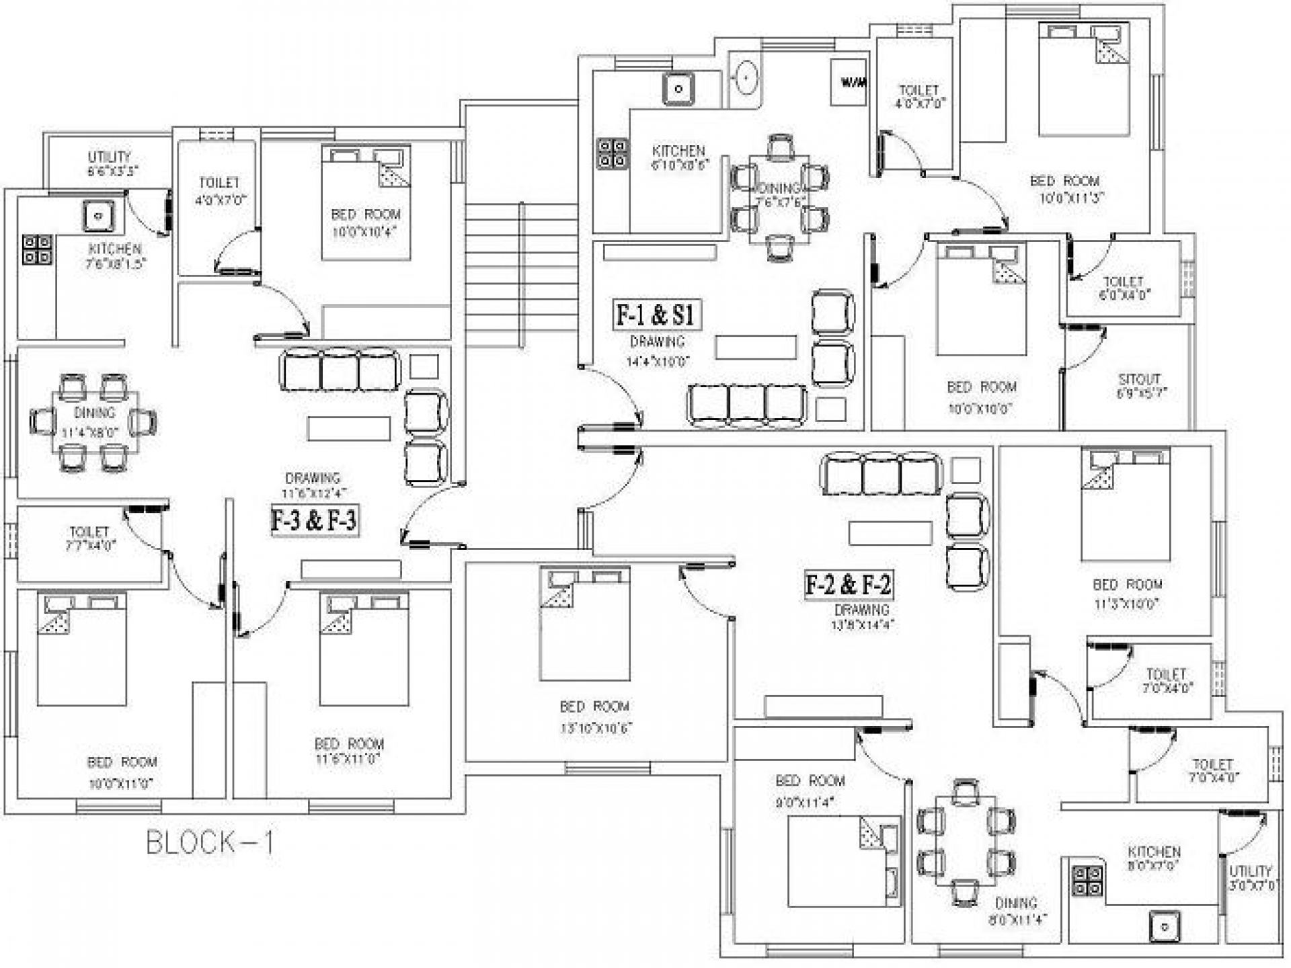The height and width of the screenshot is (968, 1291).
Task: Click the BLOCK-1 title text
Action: pyautogui.click(x=210, y=842)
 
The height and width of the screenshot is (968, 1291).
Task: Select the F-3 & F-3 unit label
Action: pyautogui.click(x=313, y=520)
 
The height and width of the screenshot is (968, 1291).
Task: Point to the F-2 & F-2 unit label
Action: pyautogui.click(x=849, y=584)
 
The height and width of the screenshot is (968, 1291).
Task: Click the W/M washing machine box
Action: pyautogui.click(x=848, y=83)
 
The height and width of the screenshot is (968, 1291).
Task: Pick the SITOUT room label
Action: pyautogui.click(x=1140, y=385)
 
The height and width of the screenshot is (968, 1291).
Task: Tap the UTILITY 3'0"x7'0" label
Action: pyautogui.click(x=1250, y=878)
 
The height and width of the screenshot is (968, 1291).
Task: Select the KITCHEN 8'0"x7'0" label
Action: pyautogui.click(x=1154, y=858)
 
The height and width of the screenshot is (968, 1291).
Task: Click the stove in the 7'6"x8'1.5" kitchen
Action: pyautogui.click(x=37, y=249)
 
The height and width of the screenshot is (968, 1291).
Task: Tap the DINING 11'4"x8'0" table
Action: pyautogui.click(x=95, y=422)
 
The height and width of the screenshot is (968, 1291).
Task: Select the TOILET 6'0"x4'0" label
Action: pyautogui.click(x=1124, y=287)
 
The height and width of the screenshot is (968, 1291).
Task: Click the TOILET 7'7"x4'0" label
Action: pyautogui.click(x=89, y=538)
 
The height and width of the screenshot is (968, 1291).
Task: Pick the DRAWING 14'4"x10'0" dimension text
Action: pyautogui.click(x=658, y=362)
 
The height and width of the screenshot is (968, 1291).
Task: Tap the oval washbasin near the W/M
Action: pyautogui.click(x=744, y=79)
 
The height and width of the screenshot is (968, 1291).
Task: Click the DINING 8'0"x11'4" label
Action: pyautogui.click(x=1016, y=911)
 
